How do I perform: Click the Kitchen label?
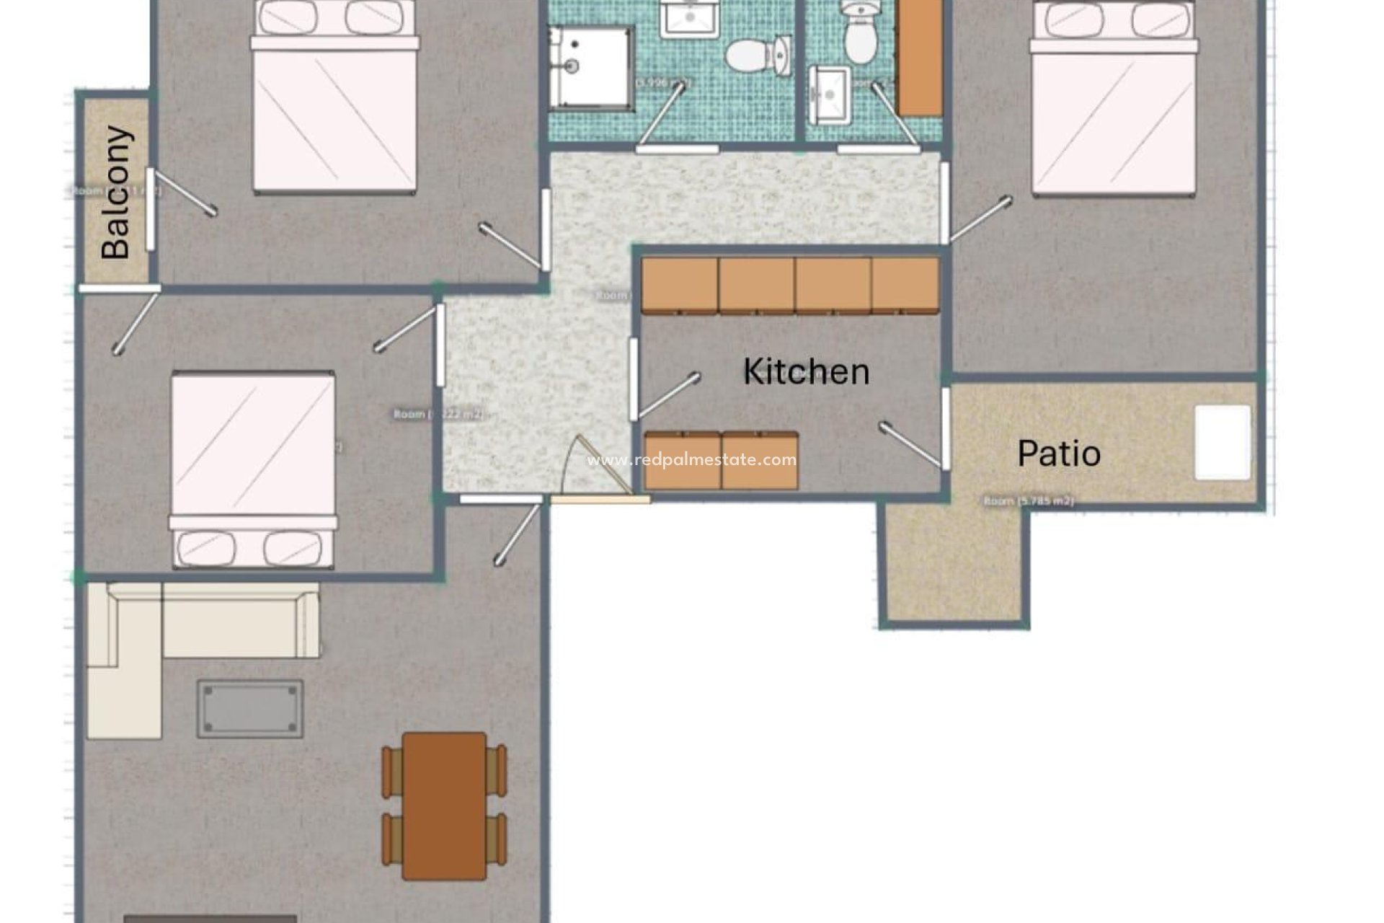(806, 372)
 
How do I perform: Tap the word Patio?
(1059, 454)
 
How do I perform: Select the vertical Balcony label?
(117, 193)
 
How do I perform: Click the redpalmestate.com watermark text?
(691, 460)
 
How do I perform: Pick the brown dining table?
(444, 805)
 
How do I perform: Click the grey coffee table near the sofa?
(250, 709)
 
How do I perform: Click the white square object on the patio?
(1223, 442)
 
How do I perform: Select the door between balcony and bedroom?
(151, 209)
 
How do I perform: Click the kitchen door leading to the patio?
(945, 429)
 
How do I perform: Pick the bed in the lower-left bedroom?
(253, 469)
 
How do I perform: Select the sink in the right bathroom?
(830, 94)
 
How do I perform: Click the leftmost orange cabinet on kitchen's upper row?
(680, 286)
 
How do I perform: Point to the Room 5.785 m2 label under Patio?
(1029, 500)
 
